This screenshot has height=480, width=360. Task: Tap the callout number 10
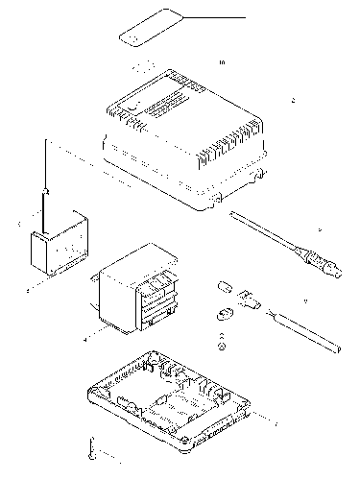tap(222, 63)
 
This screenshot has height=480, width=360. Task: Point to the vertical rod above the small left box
tap(44, 182)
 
